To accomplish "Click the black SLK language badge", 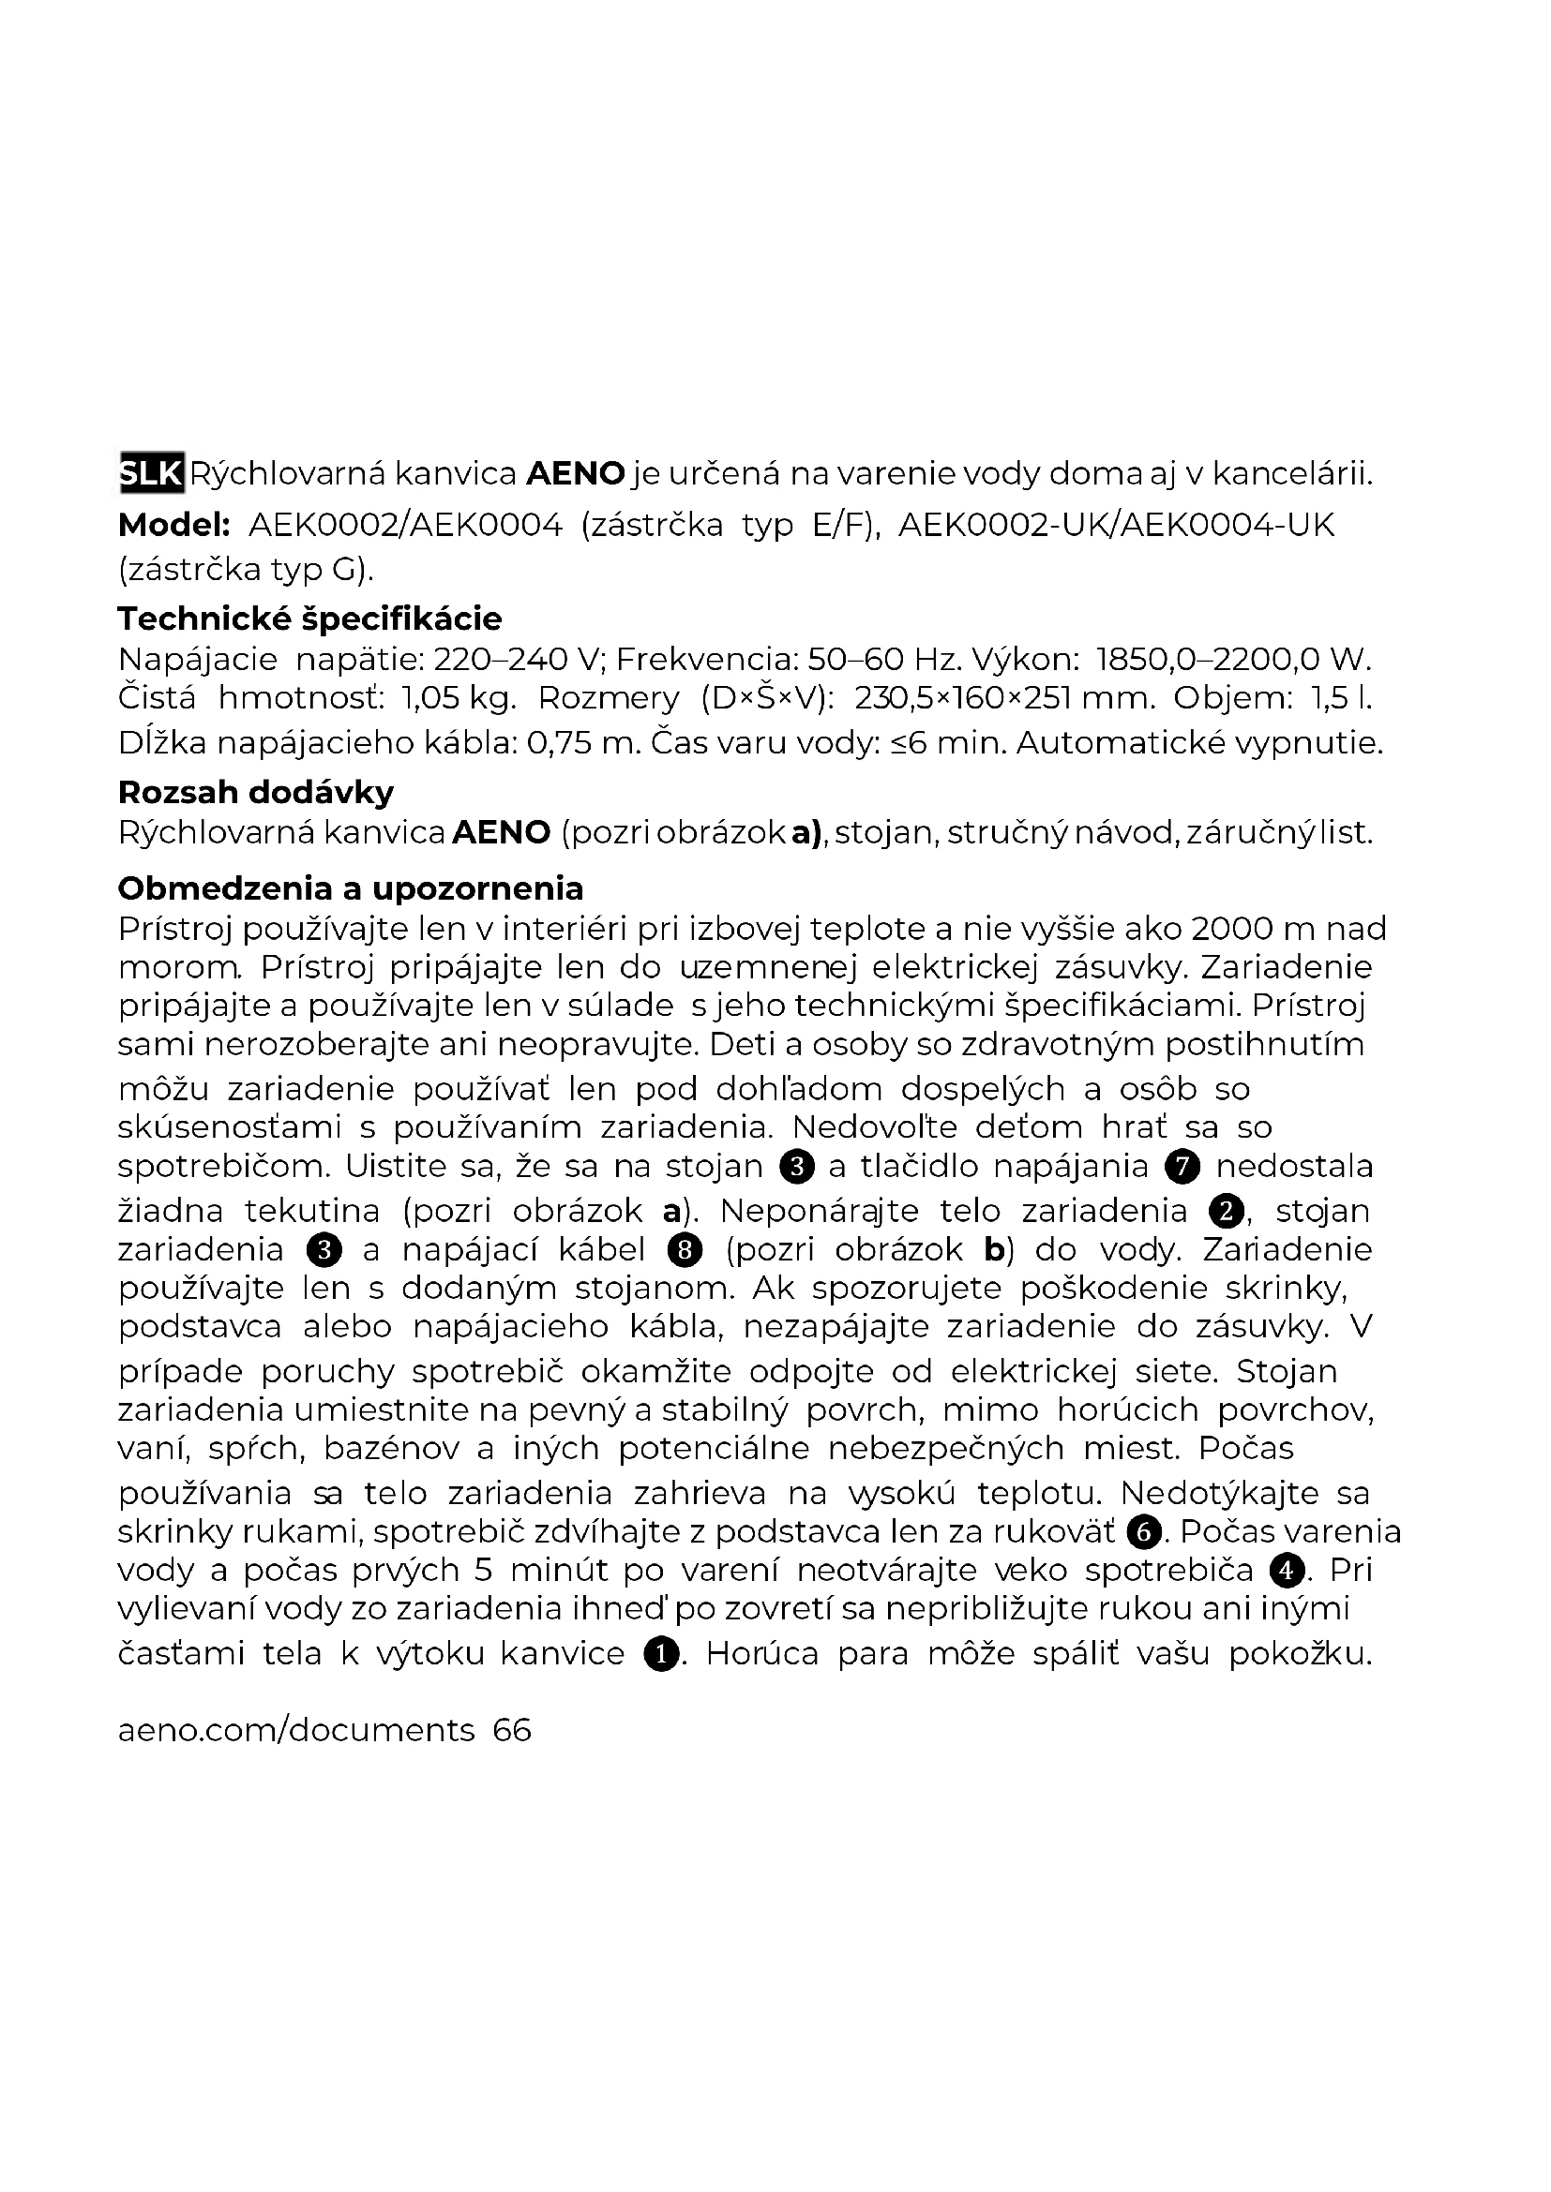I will (151, 472).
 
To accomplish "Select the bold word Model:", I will (173, 525).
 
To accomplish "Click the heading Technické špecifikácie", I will (309, 619).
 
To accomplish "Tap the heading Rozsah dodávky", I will (255, 793).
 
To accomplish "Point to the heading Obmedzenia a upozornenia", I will (350, 887).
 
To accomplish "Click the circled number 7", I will (1182, 1167).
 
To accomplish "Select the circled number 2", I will (1227, 1212).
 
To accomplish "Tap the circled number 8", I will (685, 1250).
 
